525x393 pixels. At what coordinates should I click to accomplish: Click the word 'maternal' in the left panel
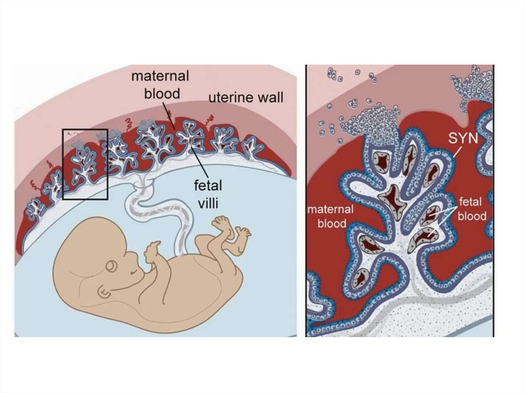(160, 77)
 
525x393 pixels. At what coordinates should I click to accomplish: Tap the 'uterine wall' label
(246, 97)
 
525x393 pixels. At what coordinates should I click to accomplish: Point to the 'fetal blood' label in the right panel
(471, 209)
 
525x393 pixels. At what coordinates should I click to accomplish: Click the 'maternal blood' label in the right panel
(331, 216)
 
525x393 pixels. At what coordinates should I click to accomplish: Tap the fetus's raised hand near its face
(152, 253)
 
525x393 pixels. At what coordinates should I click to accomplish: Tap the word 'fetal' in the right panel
(471, 202)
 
